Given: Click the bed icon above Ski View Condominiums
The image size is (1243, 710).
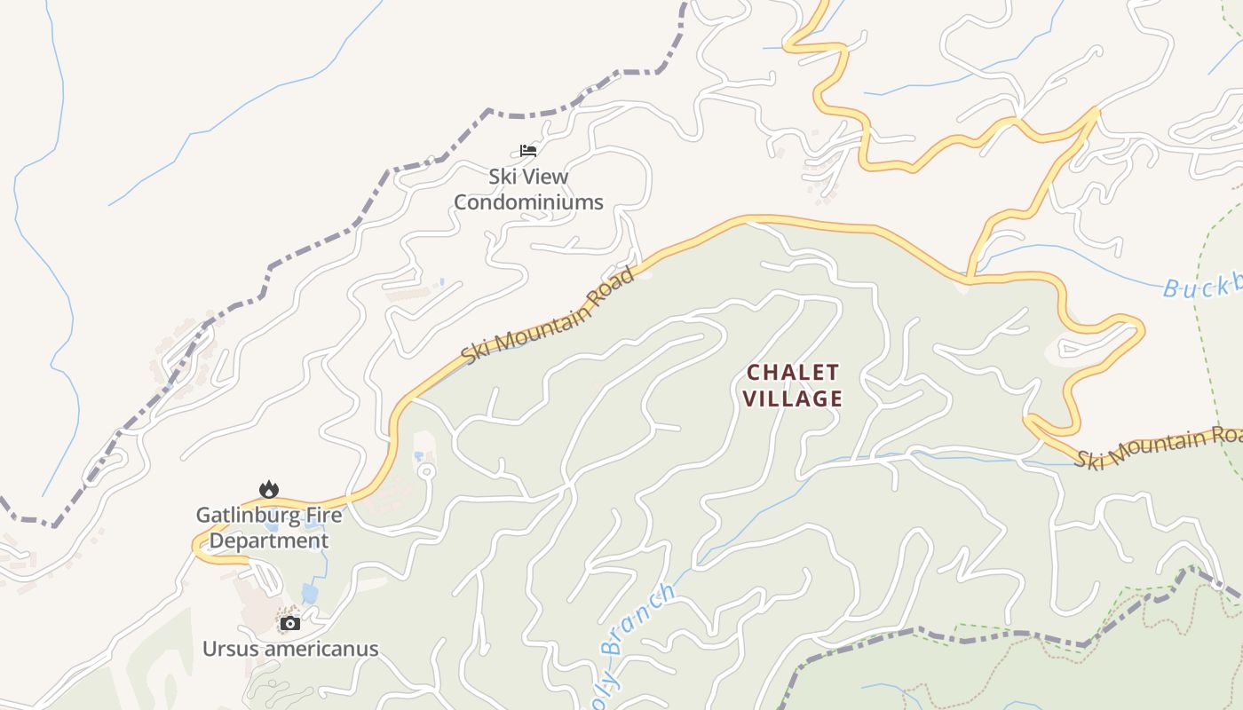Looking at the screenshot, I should tap(528, 150).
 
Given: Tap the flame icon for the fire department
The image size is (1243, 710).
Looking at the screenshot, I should tap(269, 489).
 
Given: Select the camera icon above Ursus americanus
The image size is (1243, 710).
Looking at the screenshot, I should tap(289, 623).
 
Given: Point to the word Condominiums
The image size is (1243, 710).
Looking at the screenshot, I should tap(528, 202).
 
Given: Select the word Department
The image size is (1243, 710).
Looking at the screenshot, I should tap(269, 540).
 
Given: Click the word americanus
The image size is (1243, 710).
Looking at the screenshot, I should tap(321, 649).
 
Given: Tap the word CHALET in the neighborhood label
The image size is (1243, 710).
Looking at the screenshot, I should tap(793, 372).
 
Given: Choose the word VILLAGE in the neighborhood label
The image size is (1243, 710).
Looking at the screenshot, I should tap(793, 398).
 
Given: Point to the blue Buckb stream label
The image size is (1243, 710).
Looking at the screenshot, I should tap(1203, 287).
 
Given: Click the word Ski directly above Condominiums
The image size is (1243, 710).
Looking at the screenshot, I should tap(503, 177).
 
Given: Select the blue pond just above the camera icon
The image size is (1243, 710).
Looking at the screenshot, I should tap(309, 593).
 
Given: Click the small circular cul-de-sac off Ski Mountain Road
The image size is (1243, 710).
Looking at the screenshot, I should tap(425, 471).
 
